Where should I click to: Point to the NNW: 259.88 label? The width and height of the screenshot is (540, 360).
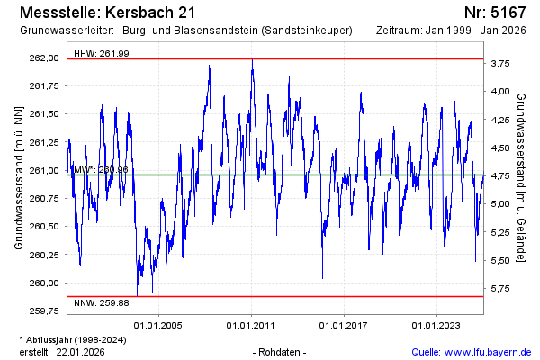pyautogui.click(x=102, y=302)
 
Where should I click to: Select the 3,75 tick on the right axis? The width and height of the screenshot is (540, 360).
pyautogui.click(x=501, y=63)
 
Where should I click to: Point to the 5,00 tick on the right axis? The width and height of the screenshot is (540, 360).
pyautogui.click(x=501, y=203)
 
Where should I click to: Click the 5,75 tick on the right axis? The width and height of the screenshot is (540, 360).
pyautogui.click(x=501, y=288)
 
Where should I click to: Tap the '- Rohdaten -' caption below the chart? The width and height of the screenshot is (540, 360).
pyautogui.click(x=281, y=352)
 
